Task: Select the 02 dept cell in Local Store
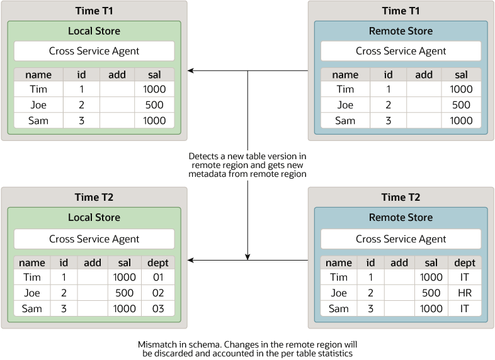pyautogui.click(x=158, y=293)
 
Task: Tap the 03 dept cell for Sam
pyautogui.click(x=158, y=308)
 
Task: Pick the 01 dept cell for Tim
pyautogui.click(x=158, y=277)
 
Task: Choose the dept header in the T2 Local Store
pyautogui.click(x=158, y=262)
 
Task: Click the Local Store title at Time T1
pyautogui.click(x=94, y=31)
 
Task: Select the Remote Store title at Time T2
pyautogui.click(x=401, y=218)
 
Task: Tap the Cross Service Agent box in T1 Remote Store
pyautogui.click(x=401, y=51)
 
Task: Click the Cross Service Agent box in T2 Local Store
pyautogui.click(x=94, y=239)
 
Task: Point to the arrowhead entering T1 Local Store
pyautogui.click(x=191, y=71)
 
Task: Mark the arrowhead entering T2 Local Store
pyautogui.click(x=191, y=259)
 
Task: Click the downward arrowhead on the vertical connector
pyautogui.click(x=247, y=256)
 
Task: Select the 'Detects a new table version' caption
pyautogui.click(x=247, y=165)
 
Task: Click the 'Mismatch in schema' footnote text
pyautogui.click(x=247, y=349)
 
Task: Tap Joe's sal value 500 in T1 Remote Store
pyautogui.click(x=461, y=105)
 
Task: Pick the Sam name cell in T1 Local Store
pyautogui.click(x=38, y=121)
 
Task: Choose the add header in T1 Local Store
pyautogui.click(x=117, y=74)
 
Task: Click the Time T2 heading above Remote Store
pyautogui.click(x=401, y=197)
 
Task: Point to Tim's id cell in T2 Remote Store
pyautogui.click(x=370, y=277)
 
